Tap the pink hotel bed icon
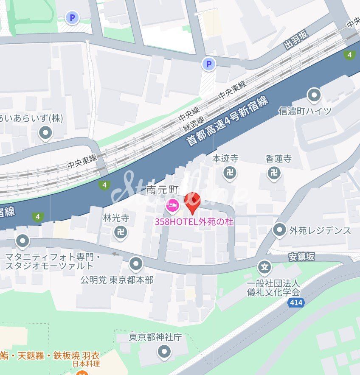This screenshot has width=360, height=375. click(x=172, y=206)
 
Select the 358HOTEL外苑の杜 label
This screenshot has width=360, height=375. click(x=194, y=221)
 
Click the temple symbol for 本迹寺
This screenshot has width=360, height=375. click(x=230, y=173)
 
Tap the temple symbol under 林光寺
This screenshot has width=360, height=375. click(x=121, y=232)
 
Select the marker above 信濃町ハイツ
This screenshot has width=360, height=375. click(x=314, y=95)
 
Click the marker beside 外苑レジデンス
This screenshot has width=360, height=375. click(x=279, y=230)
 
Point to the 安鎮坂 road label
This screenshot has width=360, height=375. click(x=302, y=257)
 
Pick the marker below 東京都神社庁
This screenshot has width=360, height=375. click(x=164, y=352)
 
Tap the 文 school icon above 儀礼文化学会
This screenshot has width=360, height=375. click(x=264, y=267)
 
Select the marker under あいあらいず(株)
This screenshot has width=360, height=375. click(x=45, y=133)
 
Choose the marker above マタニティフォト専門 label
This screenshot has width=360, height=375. click(x=22, y=241)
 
